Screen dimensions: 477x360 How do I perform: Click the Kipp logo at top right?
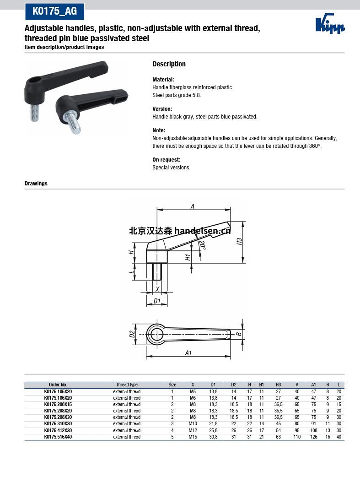(x=330, y=24)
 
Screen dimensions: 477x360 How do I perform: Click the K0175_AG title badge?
(x=54, y=11)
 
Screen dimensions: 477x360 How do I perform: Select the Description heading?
(x=169, y=64)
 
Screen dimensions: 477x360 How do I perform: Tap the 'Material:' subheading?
(x=163, y=79)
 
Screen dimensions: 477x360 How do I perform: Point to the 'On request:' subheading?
(x=166, y=160)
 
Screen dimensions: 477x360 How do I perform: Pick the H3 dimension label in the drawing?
(x=239, y=241)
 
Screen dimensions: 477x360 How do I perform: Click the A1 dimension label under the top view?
(x=188, y=353)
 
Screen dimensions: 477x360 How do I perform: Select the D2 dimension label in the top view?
(x=132, y=334)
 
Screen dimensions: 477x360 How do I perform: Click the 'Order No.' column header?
(x=58, y=385)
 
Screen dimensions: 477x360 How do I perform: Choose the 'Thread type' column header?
(x=127, y=385)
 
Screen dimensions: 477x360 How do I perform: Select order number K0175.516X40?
(x=58, y=437)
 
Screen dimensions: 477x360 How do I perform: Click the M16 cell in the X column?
(x=193, y=437)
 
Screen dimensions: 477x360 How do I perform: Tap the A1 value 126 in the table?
(x=313, y=437)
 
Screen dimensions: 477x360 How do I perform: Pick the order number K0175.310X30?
(x=58, y=424)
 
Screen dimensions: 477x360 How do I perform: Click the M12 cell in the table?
(x=193, y=430)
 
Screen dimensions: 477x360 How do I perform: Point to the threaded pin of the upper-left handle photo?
(x=35, y=112)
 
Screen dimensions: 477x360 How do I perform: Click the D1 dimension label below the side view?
(x=157, y=301)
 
